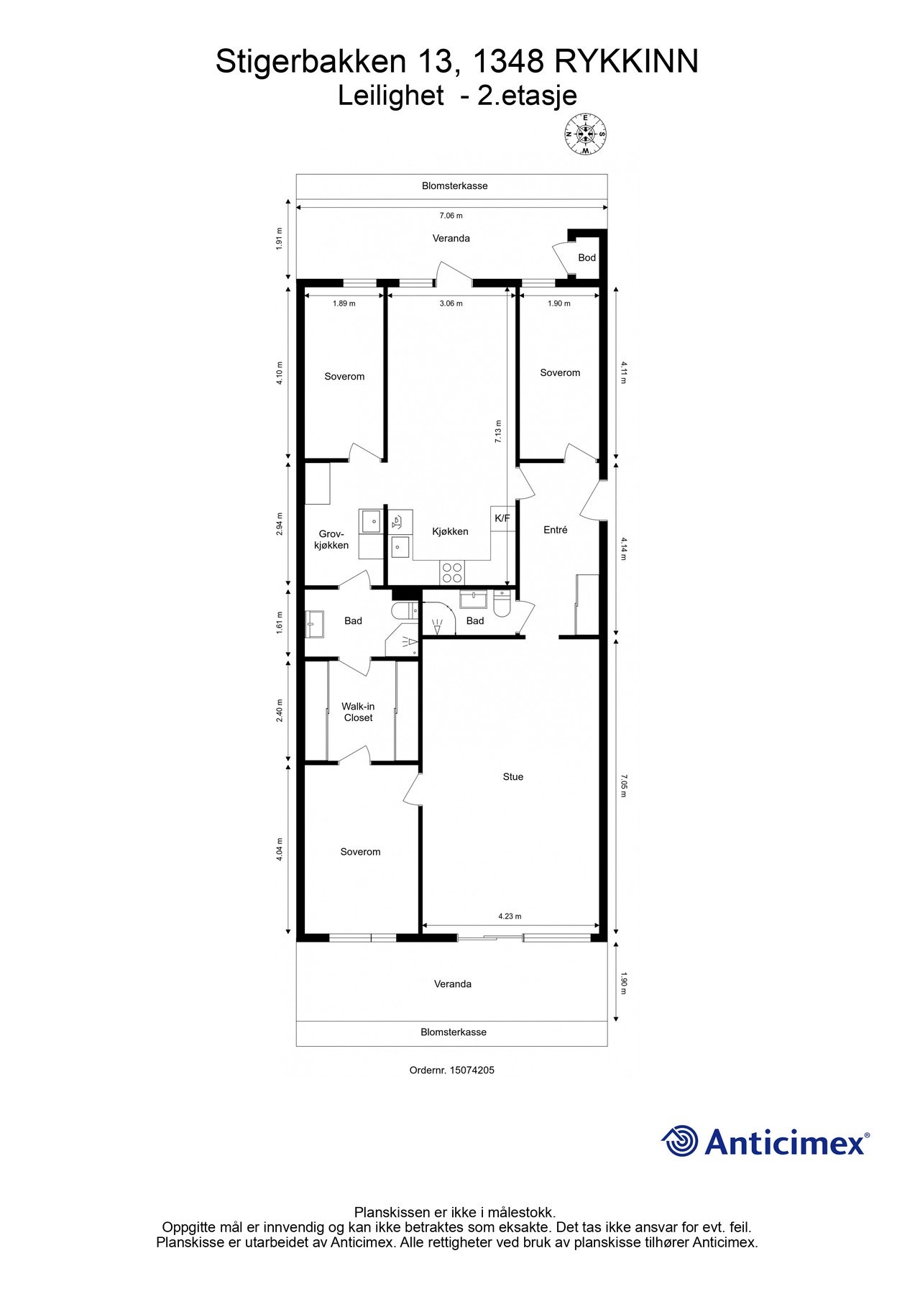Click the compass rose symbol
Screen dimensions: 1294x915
[585, 134]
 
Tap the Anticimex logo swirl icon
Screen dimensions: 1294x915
[679, 1142]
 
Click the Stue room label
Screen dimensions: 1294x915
[512, 776]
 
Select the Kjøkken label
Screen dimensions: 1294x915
[450, 531]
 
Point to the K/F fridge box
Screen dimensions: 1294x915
[502, 518]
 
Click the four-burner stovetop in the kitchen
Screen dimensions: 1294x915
[452, 572]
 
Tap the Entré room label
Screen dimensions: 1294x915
[555, 530]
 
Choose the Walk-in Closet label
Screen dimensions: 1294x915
[358, 712]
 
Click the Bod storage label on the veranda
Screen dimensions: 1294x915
[587, 257]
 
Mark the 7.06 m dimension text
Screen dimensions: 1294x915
[451, 216]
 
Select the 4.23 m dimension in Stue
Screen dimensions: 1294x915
[510, 916]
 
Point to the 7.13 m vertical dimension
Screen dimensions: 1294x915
[498, 431]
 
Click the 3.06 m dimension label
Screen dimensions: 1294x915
[451, 303]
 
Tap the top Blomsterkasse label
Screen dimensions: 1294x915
[454, 185]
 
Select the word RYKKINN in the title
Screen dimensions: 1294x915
[625, 62]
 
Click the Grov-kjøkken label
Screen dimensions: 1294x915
[333, 539]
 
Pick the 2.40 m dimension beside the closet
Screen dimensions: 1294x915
[280, 710]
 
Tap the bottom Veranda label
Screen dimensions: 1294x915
[452, 983]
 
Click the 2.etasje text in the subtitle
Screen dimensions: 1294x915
[527, 96]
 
